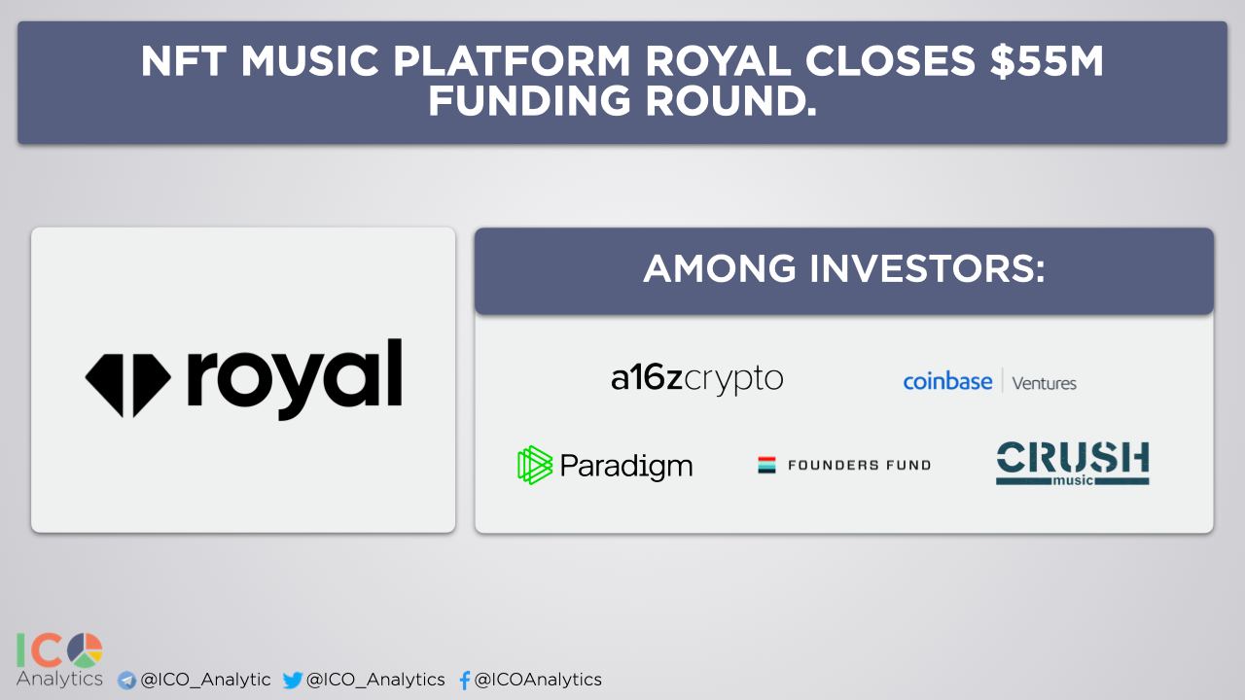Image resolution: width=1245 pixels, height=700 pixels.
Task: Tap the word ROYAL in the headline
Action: coord(718,60)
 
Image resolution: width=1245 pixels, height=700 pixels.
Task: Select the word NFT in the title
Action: coord(184,60)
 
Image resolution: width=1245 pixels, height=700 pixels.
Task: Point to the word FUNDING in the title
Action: coord(529,100)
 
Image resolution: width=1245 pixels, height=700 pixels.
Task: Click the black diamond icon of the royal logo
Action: coord(127,385)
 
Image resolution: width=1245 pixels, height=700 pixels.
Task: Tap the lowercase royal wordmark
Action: coord(295,379)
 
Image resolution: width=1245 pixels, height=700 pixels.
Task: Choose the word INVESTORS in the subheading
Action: coord(927,269)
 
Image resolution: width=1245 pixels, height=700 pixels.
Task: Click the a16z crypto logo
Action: coord(697,378)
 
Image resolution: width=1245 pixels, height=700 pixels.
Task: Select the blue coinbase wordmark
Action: coord(947,382)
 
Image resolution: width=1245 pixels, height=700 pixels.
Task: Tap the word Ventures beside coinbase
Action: coord(1045,383)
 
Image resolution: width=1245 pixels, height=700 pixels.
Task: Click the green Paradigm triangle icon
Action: coord(535,465)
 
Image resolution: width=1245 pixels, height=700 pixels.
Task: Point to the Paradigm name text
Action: coord(626,466)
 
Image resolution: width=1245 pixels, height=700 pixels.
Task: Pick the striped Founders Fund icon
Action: coord(767,465)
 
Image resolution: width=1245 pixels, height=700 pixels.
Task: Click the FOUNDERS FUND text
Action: coord(859,465)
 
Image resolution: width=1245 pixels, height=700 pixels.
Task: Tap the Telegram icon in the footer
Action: coord(127,680)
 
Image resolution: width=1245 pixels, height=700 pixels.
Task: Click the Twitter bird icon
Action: coord(293,680)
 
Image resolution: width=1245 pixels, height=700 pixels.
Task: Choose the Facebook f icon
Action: coord(465,680)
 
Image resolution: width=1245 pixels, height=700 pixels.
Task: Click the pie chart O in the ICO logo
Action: coord(85,650)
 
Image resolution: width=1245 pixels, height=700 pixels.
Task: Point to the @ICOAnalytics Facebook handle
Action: coord(538,680)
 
